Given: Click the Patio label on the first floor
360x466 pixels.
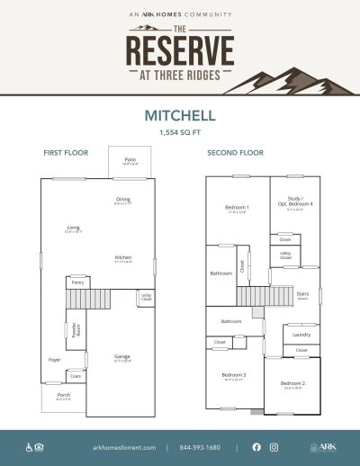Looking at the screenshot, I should click(x=130, y=159).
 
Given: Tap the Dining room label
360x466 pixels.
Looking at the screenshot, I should click(x=123, y=200).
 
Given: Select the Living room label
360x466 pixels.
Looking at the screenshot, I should click(x=74, y=228).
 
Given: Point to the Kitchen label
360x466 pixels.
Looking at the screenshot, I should click(x=123, y=258).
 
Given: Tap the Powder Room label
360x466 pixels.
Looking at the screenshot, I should click(x=76, y=328).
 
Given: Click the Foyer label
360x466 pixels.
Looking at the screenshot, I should click(x=54, y=359).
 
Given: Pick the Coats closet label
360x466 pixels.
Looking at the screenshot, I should click(x=76, y=377).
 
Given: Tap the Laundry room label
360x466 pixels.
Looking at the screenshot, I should click(x=301, y=334).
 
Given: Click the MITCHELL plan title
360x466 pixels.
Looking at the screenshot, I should click(x=180, y=116).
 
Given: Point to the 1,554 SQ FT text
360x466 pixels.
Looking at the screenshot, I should click(x=180, y=132).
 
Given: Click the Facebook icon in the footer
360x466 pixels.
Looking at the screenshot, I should click(x=256, y=447).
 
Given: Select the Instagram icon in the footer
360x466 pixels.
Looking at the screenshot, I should click(x=274, y=447).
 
